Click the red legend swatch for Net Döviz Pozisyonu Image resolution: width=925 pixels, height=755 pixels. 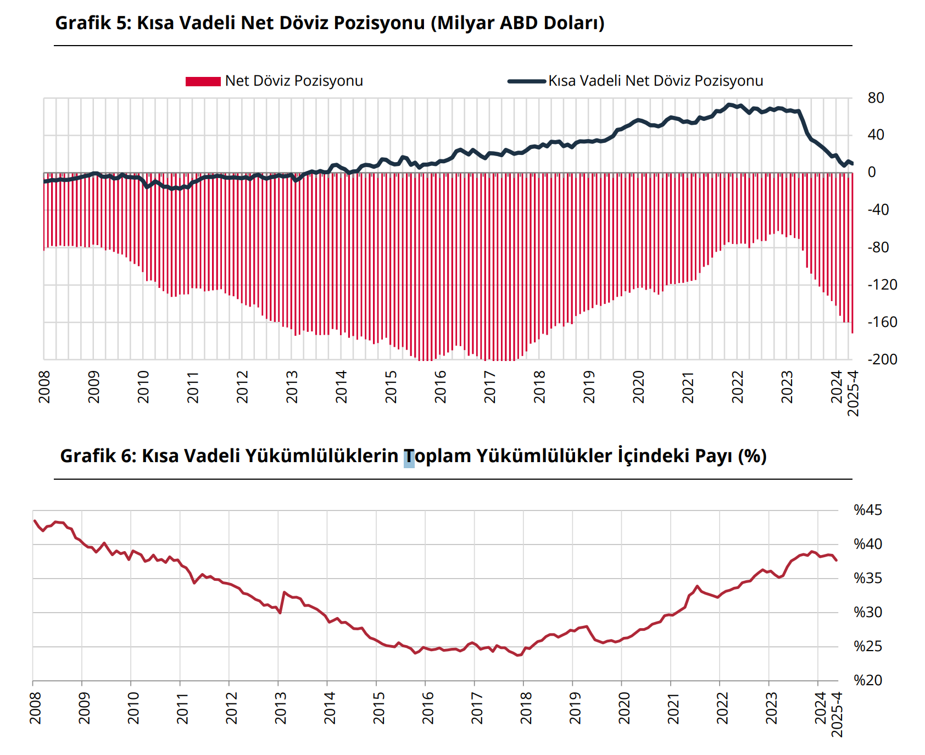coord(203,81)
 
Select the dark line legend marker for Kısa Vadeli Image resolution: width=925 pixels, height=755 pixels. coord(526,81)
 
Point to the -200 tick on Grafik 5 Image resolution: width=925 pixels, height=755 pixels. coord(882,359)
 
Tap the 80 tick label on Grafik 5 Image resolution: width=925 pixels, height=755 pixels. coord(876,98)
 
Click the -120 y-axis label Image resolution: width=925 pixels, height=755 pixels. coord(882,285)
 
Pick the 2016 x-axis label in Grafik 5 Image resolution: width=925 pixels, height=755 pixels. coord(441,387)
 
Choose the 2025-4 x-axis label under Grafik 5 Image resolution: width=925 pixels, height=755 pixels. coord(853,393)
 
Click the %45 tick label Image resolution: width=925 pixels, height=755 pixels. coord(868,510)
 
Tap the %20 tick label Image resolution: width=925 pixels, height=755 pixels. coord(868,680)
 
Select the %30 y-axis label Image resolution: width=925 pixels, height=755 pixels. coord(868,612)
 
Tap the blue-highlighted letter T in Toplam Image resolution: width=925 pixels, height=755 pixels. coord(409,457)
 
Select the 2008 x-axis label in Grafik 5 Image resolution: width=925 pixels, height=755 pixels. coord(44,387)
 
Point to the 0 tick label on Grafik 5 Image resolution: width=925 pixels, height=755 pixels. coord(872,173)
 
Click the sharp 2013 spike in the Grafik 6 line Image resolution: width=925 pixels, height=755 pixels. coord(284,592)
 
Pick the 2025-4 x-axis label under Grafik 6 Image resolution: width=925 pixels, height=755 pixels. coord(837,714)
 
